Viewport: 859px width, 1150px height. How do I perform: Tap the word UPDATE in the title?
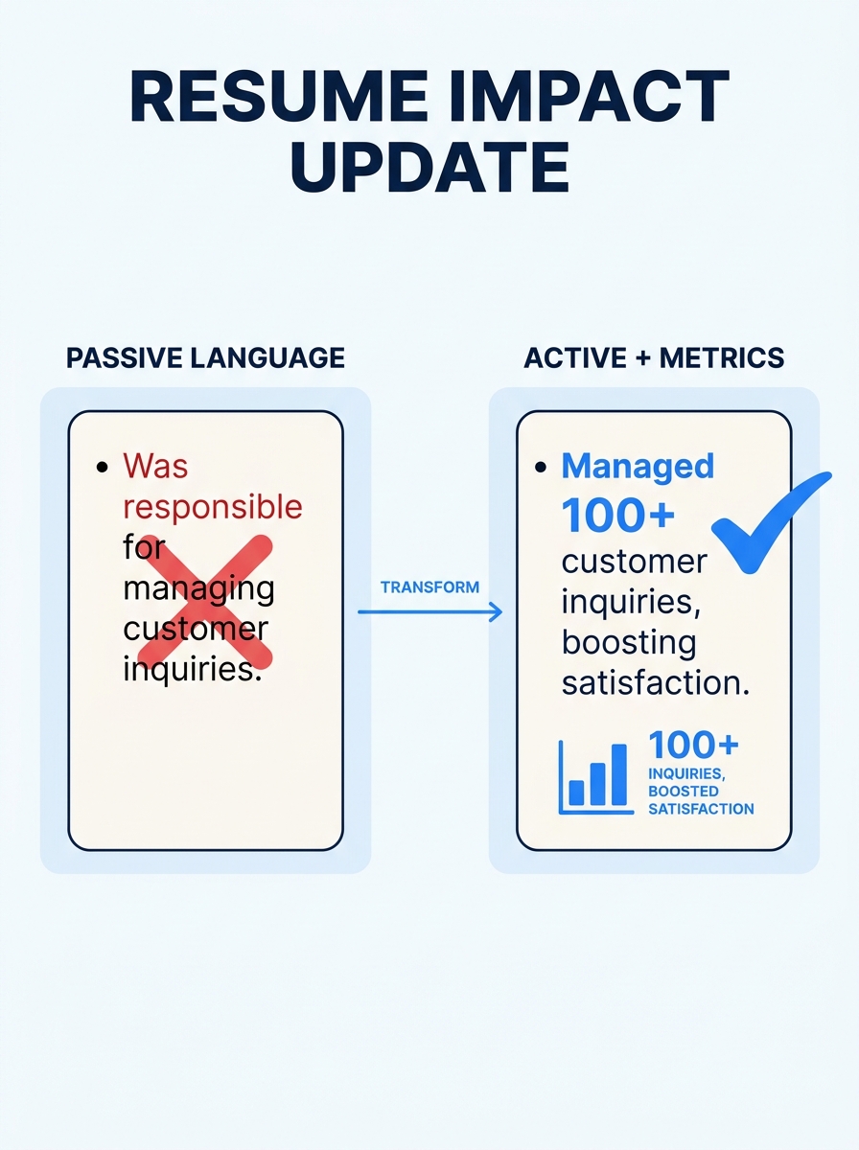click(429, 168)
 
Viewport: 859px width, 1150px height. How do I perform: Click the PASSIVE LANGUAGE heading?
click(205, 358)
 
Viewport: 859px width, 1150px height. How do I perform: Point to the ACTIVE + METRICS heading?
click(654, 358)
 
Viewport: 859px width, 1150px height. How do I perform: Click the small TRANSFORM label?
click(429, 586)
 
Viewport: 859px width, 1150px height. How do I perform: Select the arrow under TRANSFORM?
click(429, 611)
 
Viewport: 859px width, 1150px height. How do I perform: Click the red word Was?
click(155, 467)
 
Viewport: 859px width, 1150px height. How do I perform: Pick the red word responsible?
click(212, 506)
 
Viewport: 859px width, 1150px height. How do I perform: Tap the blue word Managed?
click(638, 467)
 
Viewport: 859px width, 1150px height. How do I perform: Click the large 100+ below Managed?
click(618, 516)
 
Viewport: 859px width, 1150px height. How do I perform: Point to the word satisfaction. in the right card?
click(656, 682)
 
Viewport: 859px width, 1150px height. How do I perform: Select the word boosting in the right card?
click(628, 641)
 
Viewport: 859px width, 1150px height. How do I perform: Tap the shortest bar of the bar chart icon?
click(576, 792)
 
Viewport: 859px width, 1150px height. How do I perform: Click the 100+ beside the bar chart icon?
click(693, 746)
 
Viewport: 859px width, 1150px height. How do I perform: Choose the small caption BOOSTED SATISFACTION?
click(700, 800)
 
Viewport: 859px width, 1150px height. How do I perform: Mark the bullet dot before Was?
click(103, 468)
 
